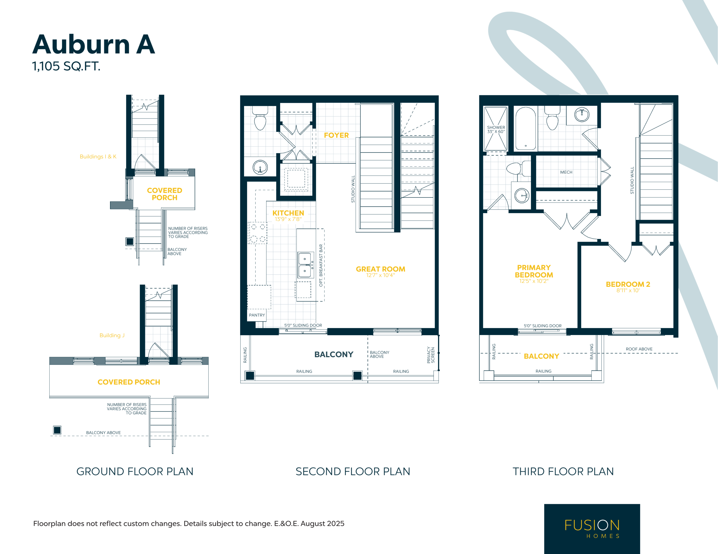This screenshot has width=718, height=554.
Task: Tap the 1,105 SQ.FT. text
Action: (x=66, y=66)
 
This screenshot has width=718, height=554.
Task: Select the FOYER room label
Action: (x=336, y=135)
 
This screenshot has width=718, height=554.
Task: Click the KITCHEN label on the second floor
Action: (x=288, y=213)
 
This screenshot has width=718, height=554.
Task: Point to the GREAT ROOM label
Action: (x=380, y=269)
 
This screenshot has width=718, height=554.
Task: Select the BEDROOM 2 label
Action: (x=628, y=284)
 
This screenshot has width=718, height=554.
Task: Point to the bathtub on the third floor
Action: (x=526, y=128)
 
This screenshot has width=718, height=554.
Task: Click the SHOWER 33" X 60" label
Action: (x=496, y=129)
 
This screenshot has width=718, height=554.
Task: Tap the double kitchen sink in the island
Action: (x=305, y=265)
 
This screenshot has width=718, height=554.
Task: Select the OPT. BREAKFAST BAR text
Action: (x=321, y=265)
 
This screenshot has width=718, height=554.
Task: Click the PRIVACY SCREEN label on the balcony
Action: (x=431, y=355)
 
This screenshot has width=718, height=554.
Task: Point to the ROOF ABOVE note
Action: (x=639, y=349)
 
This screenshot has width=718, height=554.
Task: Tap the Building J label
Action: (x=112, y=335)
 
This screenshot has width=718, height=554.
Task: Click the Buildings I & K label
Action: (x=98, y=157)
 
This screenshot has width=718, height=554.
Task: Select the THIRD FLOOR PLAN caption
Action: (x=563, y=472)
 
